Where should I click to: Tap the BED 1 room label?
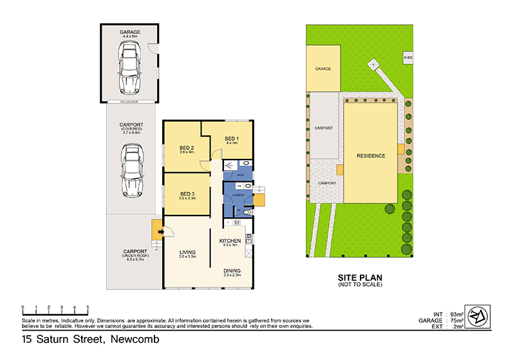(232, 139)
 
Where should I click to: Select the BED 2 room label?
(187, 148)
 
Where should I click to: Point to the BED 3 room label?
(187, 194)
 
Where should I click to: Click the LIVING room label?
(187, 253)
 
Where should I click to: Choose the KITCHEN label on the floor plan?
(230, 241)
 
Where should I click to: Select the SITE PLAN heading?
(360, 278)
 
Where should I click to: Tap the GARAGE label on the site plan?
(323, 69)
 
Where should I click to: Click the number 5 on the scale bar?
(88, 307)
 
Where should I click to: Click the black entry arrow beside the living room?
(154, 233)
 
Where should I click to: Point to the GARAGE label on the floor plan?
(129, 32)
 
